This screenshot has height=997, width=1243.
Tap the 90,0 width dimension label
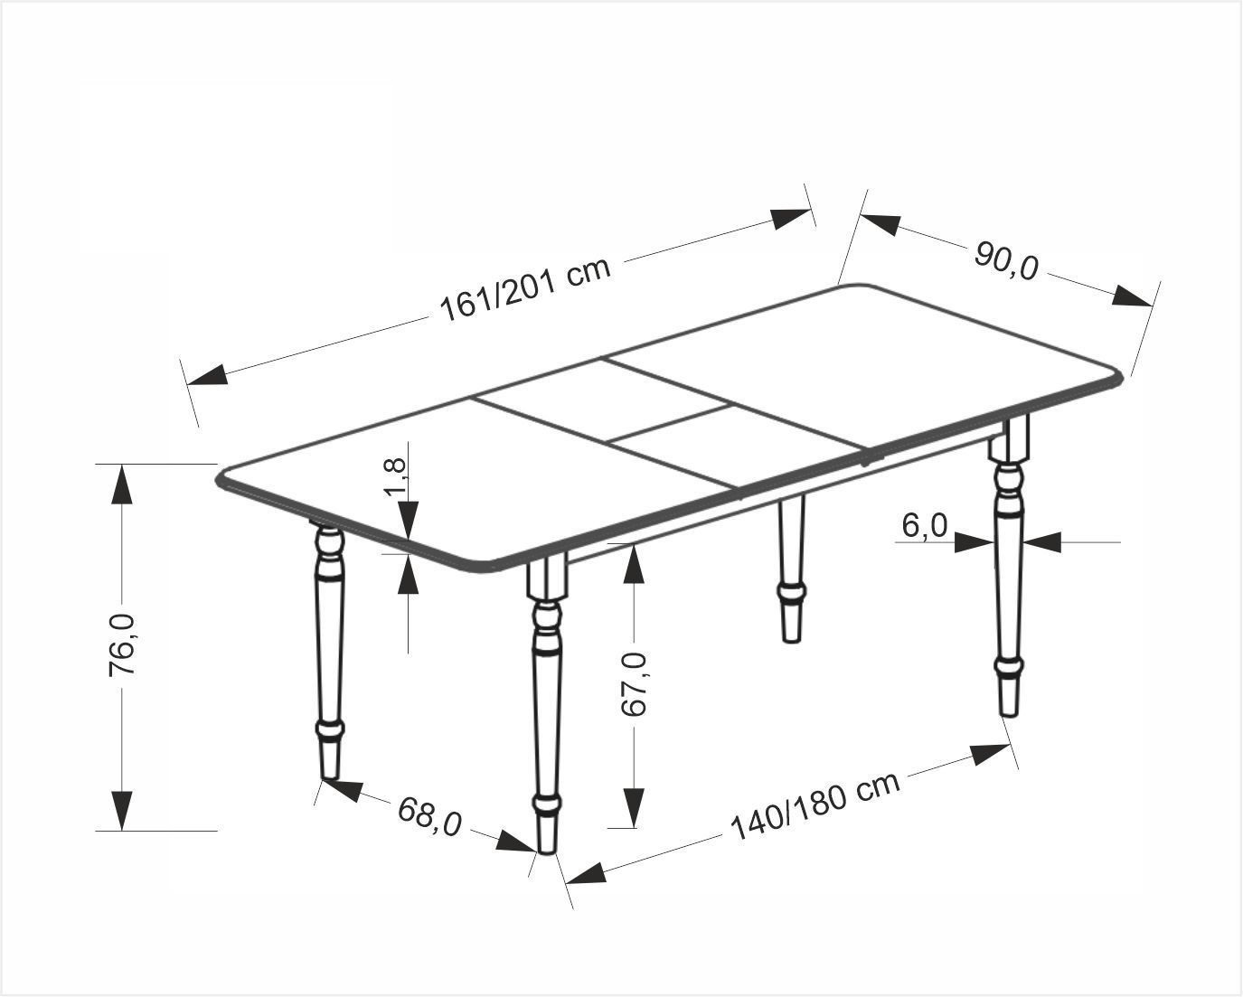(x=1007, y=261)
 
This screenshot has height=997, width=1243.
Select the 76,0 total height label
(x=122, y=644)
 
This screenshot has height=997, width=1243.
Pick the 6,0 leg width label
(x=925, y=526)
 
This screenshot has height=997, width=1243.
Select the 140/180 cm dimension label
(x=815, y=805)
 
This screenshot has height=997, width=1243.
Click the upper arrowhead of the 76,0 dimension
(x=121, y=485)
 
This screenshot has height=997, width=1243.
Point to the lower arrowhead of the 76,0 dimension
(x=121, y=811)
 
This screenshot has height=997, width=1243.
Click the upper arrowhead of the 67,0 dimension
(x=635, y=563)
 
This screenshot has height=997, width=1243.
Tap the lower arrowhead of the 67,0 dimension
(x=635, y=807)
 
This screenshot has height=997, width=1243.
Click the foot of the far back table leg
(x=792, y=624)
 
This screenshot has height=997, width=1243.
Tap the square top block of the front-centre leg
(x=546, y=578)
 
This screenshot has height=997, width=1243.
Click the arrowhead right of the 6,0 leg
(x=1041, y=542)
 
